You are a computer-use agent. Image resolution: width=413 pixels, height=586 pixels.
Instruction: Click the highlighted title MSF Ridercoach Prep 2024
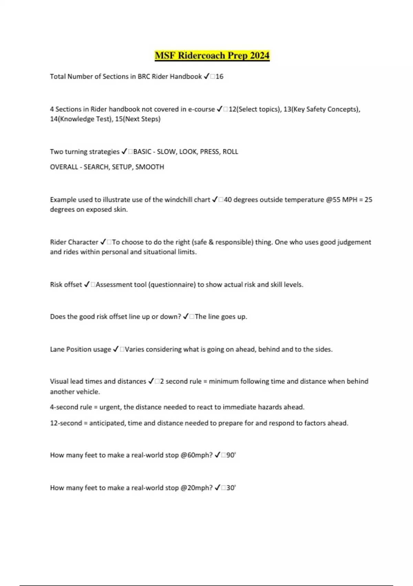212,55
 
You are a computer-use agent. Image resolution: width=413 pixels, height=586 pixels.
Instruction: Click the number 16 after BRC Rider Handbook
220,77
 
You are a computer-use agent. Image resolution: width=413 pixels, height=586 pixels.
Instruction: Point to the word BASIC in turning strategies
142,152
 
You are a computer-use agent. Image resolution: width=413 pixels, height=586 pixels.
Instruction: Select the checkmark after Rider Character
103,242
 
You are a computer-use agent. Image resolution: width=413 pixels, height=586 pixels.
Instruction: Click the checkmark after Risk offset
87,285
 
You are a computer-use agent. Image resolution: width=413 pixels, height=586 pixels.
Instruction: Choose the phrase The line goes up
221,317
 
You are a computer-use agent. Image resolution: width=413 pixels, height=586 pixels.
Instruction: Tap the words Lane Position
81,350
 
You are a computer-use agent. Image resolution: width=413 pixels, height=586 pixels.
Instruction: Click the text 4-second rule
71,407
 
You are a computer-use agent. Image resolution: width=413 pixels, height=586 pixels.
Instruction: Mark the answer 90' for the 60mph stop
231,455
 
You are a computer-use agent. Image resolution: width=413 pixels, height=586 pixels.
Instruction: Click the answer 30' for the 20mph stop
231,488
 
